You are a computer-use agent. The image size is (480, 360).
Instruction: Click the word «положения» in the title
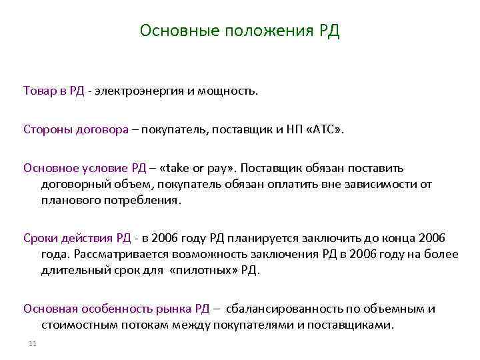pyautogui.click(x=264, y=32)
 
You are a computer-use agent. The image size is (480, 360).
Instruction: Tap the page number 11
pyautogui.click(x=33, y=343)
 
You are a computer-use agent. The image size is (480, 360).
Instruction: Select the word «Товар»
pyautogui.click(x=40, y=91)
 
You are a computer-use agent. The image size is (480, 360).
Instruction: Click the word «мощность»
pyautogui.click(x=227, y=91)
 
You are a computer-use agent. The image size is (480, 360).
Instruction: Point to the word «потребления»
pyautogui.click(x=141, y=199)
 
